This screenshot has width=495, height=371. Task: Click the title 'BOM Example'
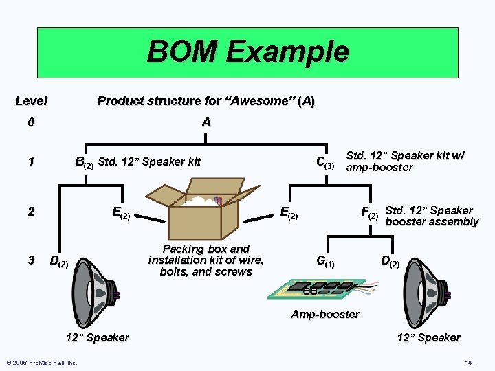click(x=247, y=52)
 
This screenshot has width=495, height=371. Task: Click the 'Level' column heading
click(x=32, y=101)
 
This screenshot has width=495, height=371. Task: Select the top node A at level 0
click(x=206, y=123)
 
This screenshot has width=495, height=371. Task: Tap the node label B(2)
click(x=84, y=163)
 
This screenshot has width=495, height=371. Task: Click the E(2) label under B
click(x=121, y=213)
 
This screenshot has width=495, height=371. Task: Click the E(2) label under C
click(x=289, y=213)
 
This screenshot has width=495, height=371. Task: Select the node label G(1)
click(x=325, y=261)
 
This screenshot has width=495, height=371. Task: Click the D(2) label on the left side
click(x=59, y=261)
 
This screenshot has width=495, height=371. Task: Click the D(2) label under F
click(x=390, y=261)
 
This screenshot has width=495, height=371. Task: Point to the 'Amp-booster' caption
click(x=324, y=315)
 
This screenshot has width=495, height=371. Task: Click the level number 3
click(x=30, y=260)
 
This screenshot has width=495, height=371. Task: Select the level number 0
click(x=30, y=123)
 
